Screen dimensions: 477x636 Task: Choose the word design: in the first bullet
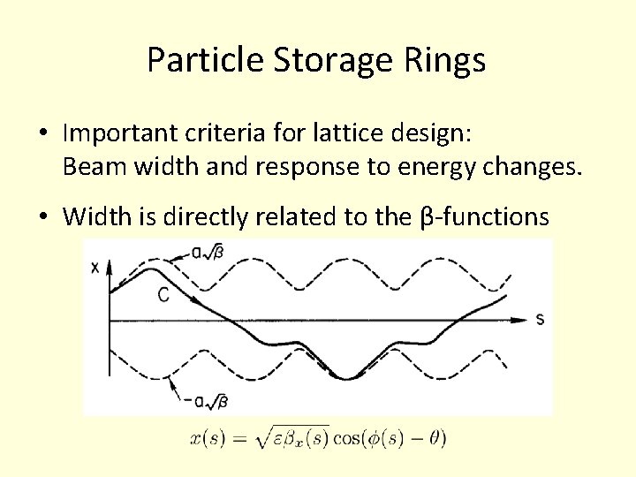point(438,133)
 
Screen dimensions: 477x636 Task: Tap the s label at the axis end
point(540,319)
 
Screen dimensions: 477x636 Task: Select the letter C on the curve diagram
point(163,296)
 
